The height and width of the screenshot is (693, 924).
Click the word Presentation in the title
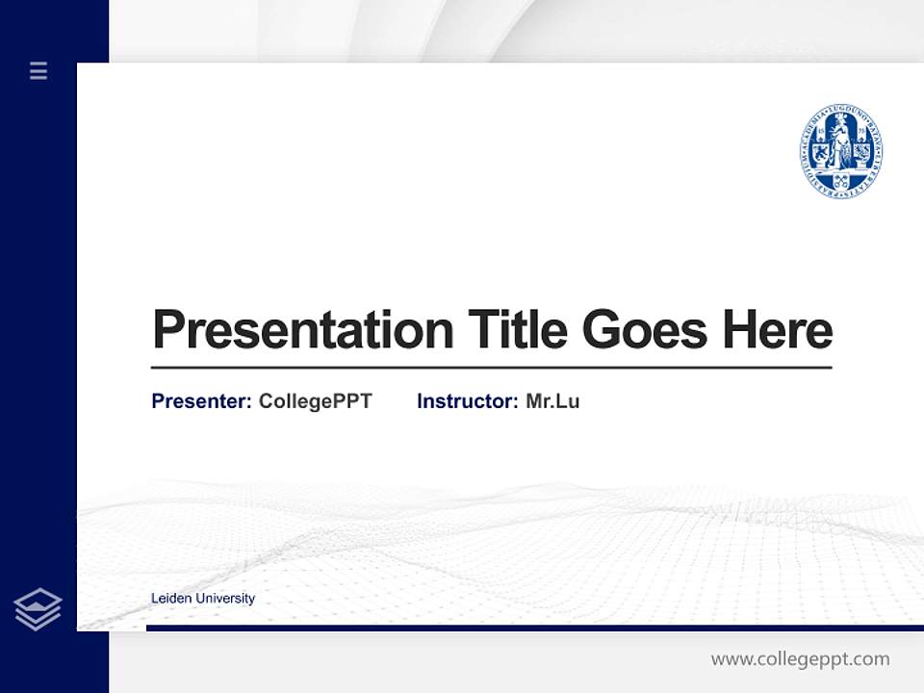pos(302,330)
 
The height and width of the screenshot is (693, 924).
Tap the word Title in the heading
pos(517,330)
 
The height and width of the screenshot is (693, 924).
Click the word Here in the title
pos(777,330)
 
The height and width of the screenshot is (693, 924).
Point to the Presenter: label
pos(201,401)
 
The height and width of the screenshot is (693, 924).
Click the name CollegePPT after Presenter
pos(315,401)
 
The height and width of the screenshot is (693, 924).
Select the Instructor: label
pos(467,401)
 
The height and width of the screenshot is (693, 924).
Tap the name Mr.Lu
pos(552,401)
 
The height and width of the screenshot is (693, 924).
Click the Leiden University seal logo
pos(840,152)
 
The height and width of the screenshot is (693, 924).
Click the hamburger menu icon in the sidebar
pos(38,70)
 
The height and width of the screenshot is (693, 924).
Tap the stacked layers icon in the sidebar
pos(38,609)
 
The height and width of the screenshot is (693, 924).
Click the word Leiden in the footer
pos(170,599)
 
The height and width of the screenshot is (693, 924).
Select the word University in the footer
pos(224,599)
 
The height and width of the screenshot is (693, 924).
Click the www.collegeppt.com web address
pos(800,659)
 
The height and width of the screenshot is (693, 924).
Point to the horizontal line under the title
pos(491,368)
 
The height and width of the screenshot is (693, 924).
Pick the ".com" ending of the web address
pos(870,660)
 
